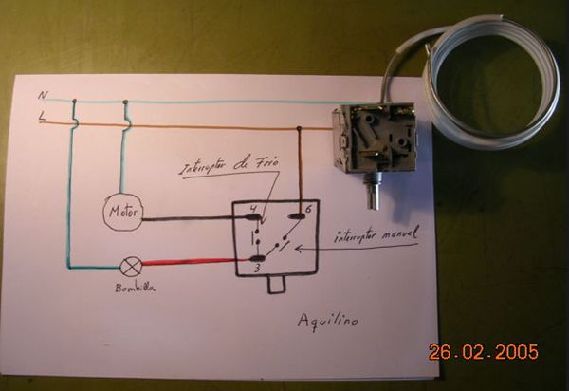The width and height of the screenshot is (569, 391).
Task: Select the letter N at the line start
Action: click(x=41, y=95)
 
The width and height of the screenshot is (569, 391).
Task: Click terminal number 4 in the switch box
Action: click(x=251, y=208)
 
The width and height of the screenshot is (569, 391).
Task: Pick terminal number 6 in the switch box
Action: click(x=306, y=207)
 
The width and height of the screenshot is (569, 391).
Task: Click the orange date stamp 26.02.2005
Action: click(x=483, y=351)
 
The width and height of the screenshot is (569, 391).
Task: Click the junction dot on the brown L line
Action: click(x=300, y=128)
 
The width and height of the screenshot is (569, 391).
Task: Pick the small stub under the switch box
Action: click(x=277, y=285)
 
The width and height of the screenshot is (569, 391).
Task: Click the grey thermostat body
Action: click(x=373, y=139)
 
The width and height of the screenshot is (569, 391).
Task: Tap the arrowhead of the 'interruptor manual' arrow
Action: click(x=298, y=250)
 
